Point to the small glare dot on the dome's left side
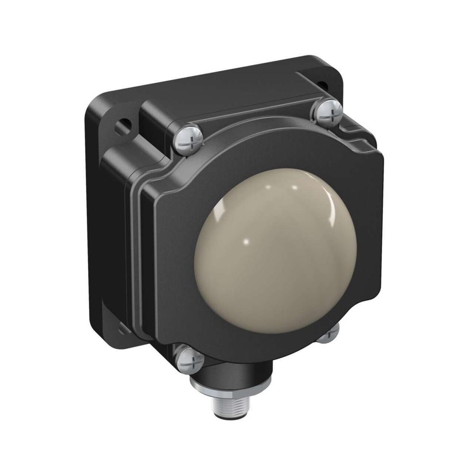point(246,243)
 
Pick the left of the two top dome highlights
point(267,188)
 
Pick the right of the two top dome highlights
point(293,188)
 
